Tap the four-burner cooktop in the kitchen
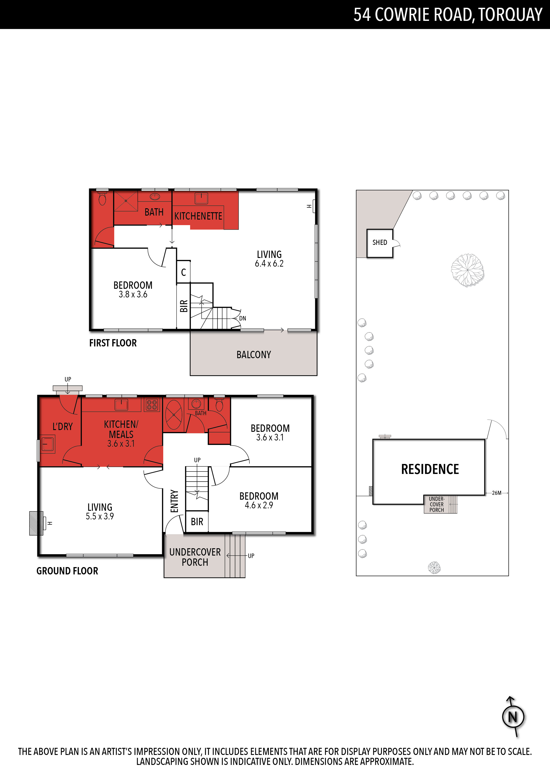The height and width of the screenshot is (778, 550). tap(152, 405)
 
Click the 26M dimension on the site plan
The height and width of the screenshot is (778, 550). tap(497, 493)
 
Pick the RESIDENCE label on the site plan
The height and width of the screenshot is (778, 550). tap(430, 469)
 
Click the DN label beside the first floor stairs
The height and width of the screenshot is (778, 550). tap(243, 318)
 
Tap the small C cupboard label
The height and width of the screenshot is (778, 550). tap(183, 272)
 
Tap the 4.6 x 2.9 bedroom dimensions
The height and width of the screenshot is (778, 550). tap(259, 505)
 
